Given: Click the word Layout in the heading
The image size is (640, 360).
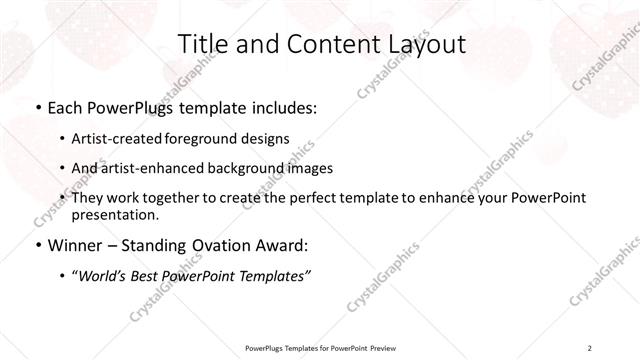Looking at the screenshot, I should click(x=426, y=44).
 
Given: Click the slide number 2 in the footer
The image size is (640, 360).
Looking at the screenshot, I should click(x=589, y=347).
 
